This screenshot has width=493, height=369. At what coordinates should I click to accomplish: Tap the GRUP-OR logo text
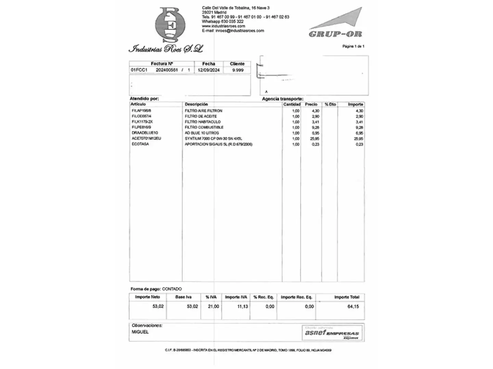335,34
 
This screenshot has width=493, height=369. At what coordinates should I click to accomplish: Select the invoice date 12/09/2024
208,70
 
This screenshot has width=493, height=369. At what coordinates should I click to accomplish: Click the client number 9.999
238,70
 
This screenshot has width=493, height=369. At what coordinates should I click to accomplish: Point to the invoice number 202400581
167,70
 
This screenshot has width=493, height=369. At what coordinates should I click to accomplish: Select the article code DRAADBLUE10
144,133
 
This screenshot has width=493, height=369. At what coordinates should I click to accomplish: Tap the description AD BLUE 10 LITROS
202,133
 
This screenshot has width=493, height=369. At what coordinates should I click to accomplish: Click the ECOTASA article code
140,144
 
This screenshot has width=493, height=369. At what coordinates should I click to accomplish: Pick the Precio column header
311,104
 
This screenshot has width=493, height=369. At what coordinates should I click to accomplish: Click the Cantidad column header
292,104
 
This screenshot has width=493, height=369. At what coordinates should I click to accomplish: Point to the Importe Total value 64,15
353,306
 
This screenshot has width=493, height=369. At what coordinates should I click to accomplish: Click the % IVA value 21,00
213,306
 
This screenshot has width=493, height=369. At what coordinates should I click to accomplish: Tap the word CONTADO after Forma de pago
172,289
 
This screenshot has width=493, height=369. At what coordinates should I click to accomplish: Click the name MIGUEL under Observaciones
140,332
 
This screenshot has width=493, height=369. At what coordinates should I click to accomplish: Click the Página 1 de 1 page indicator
353,46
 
